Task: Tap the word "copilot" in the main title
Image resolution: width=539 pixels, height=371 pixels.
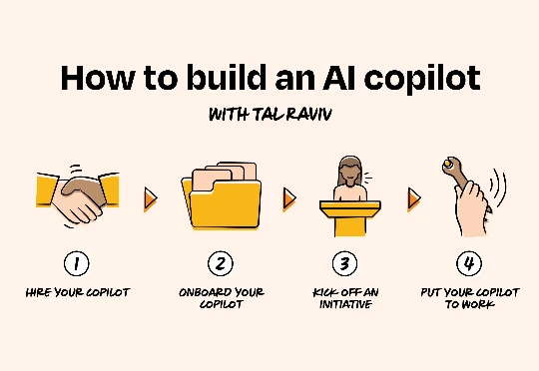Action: pos(422,80)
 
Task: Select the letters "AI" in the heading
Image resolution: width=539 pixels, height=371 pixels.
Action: pos(338,78)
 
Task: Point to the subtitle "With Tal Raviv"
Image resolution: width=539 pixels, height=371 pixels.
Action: pos(270,115)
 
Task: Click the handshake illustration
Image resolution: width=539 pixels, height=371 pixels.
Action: pos(78,196)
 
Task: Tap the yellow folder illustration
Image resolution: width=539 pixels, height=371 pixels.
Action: pos(221,195)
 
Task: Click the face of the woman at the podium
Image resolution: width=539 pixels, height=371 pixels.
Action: pos(350,173)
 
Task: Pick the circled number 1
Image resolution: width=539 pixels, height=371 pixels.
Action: pos(76,263)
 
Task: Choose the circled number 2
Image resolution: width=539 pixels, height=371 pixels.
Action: pos(221,263)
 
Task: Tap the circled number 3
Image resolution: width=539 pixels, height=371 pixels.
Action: pos(344,263)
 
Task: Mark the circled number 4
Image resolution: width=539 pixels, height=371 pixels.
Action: pos(469,263)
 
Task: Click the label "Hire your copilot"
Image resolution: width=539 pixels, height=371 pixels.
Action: pos(78,292)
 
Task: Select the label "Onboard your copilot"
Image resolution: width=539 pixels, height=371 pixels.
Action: pos(222,298)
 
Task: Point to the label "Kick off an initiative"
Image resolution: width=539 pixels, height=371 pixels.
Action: pos(345,298)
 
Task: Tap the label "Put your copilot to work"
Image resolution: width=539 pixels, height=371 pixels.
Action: pos(470,298)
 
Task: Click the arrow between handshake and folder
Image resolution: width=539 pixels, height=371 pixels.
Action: pos(150,198)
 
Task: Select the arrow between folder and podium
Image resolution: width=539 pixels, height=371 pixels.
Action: pos(289,198)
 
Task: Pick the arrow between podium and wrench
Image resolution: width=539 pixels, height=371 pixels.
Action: pos(414,198)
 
